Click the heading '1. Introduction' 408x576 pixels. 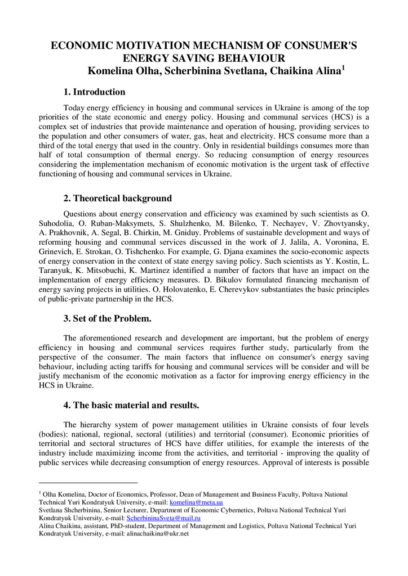[94, 92]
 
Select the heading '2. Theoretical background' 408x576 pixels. [117, 199]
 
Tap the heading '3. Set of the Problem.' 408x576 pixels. [107, 319]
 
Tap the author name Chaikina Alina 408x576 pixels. [304, 71]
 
